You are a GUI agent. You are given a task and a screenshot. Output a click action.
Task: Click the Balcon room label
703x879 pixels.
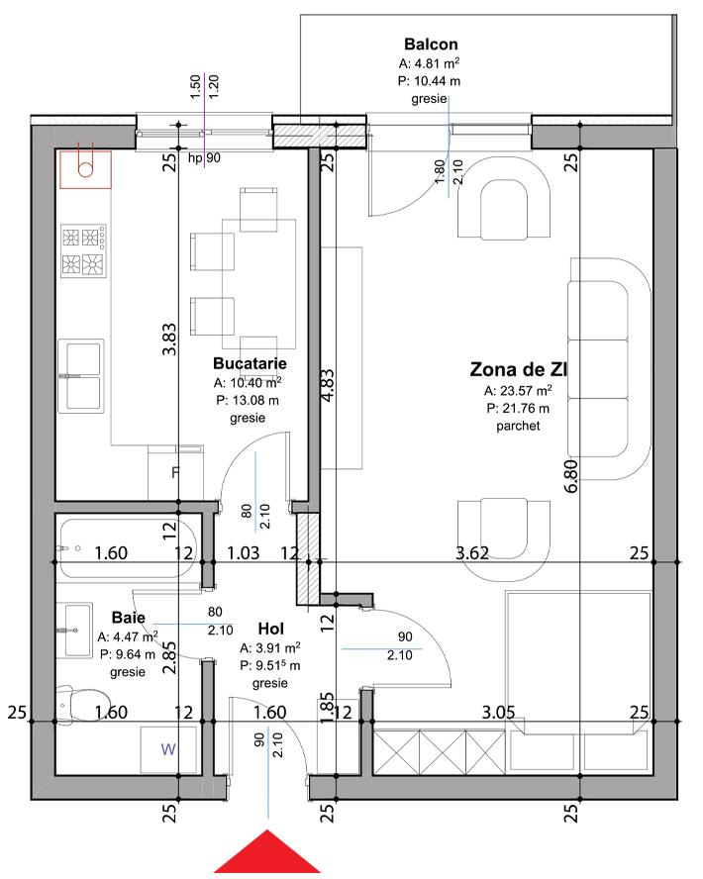(x=431, y=45)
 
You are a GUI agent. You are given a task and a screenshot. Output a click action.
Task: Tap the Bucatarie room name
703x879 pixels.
(x=250, y=363)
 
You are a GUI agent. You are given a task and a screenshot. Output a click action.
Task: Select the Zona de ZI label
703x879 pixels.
(x=518, y=369)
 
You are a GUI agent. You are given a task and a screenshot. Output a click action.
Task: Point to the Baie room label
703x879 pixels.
(x=129, y=618)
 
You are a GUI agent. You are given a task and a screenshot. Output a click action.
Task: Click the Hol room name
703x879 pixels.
(x=270, y=629)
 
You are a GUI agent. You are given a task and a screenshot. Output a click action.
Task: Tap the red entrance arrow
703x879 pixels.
(x=267, y=851)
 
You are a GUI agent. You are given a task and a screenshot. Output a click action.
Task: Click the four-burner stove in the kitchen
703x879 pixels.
(x=83, y=250)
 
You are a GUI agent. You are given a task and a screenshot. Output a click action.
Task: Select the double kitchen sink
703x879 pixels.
(x=82, y=376)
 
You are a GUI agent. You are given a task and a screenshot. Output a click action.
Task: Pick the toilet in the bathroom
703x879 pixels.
(x=81, y=704)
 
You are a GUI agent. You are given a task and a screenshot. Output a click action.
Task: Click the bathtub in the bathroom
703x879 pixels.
(x=127, y=549)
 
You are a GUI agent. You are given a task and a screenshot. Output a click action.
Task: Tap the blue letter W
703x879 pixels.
(x=168, y=749)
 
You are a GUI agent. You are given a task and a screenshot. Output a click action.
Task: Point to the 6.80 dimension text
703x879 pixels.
(x=570, y=476)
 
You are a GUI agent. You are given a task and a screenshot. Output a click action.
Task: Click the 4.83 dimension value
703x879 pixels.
(x=328, y=384)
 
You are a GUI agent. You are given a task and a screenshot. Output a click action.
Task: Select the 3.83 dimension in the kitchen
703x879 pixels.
(x=169, y=340)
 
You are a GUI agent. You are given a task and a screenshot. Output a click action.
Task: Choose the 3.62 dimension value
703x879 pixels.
(x=472, y=553)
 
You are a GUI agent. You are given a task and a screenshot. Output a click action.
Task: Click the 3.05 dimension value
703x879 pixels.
(x=498, y=712)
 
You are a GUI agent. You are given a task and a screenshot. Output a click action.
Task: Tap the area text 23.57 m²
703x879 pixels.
(x=518, y=390)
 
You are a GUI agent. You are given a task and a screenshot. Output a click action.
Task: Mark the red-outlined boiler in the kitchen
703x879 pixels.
(x=86, y=169)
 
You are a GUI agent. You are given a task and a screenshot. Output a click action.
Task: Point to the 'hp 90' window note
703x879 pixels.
(x=204, y=158)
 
